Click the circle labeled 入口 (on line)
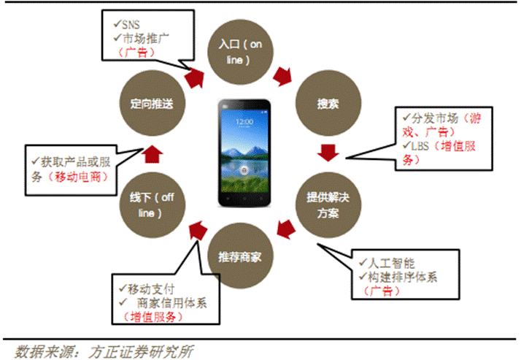coord(240,52)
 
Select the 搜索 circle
coord(328,103)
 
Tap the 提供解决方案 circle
coord(328,204)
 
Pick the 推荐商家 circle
coord(240,256)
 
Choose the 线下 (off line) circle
coord(153,204)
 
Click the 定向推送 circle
coord(153,103)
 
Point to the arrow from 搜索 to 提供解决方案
coord(328,153)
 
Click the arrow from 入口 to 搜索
coord(283,77)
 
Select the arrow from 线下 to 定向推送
coord(153,153)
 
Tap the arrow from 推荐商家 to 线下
coord(198,231)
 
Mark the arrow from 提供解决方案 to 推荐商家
coord(286,229)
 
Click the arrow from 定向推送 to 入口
coord(194,78)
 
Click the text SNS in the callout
coord(131,25)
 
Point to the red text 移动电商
coord(78,177)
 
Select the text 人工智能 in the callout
coord(391,264)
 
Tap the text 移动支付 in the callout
coord(151,289)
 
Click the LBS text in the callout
coord(420,146)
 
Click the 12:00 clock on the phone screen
coord(244,122)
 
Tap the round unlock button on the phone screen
coord(244,170)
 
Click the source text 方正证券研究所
coord(141,352)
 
